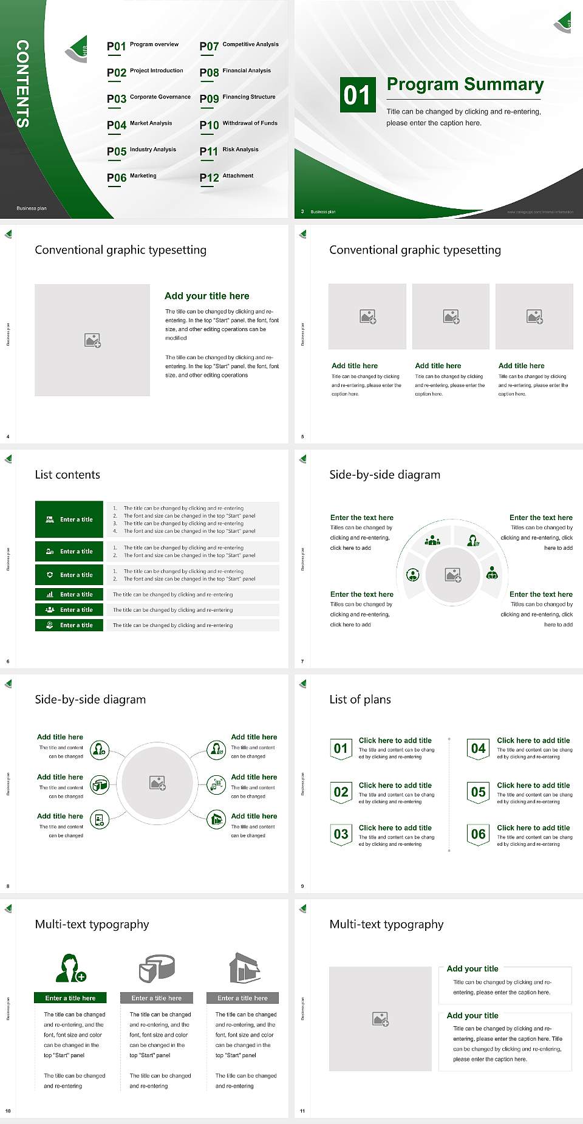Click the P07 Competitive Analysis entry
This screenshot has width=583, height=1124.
click(x=239, y=46)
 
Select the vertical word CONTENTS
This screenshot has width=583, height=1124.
click(x=22, y=84)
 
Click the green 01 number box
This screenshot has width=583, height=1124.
click(x=357, y=95)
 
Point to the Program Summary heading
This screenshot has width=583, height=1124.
click(x=465, y=84)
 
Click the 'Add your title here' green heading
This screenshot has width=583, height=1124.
click(x=206, y=296)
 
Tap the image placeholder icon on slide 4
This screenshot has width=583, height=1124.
click(x=92, y=340)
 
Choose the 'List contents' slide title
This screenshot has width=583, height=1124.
click(x=67, y=475)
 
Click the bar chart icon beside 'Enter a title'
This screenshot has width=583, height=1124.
click(x=50, y=594)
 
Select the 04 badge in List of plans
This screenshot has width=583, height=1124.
click(x=479, y=749)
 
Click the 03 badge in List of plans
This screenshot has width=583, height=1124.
click(x=341, y=834)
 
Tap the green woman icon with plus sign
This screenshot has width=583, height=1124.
click(x=70, y=968)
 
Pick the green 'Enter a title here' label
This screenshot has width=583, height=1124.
click(x=70, y=998)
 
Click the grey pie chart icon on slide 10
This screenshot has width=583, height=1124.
click(x=157, y=968)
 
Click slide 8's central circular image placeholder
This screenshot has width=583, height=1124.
click(x=158, y=783)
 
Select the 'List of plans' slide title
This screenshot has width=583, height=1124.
click(x=360, y=699)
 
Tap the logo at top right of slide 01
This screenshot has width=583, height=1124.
click(x=563, y=22)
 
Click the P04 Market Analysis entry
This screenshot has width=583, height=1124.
click(x=140, y=125)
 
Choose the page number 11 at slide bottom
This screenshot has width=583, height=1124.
click(x=302, y=1111)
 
